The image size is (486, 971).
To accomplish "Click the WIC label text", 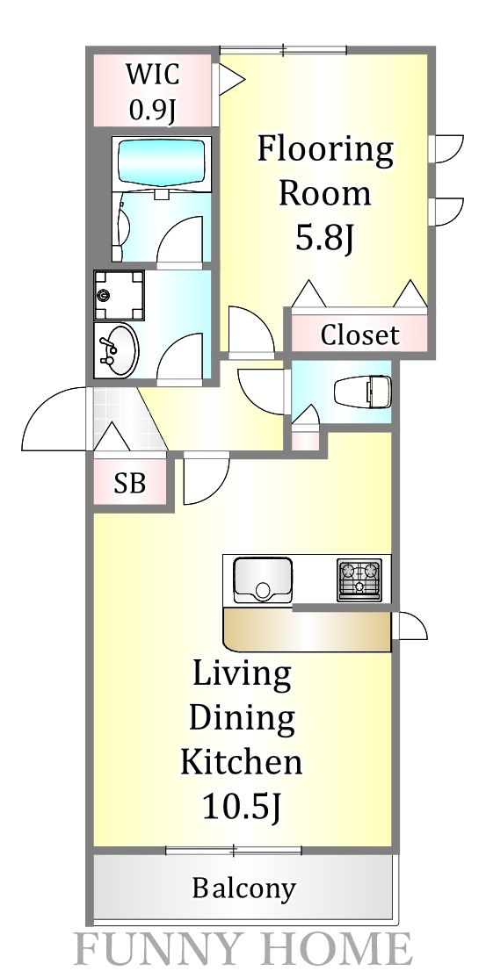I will [x=151, y=74].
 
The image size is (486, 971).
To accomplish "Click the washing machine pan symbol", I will [x=119, y=295].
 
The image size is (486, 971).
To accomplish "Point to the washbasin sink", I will [x=117, y=350].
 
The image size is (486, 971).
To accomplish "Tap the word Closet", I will [x=359, y=334].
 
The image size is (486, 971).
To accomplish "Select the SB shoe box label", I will [x=129, y=484].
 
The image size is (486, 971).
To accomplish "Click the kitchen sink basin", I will [x=261, y=580].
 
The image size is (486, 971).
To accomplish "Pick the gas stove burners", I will [x=359, y=580].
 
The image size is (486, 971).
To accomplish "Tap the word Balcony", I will [x=243, y=888].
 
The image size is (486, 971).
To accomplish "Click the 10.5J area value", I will [x=242, y=805].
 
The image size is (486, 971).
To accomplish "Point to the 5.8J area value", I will [x=324, y=239].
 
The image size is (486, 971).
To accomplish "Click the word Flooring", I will [x=324, y=150].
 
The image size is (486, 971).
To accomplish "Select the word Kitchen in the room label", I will [x=242, y=760].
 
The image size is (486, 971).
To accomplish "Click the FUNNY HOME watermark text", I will [x=243, y=950].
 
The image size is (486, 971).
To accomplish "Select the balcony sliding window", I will [x=234, y=849].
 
